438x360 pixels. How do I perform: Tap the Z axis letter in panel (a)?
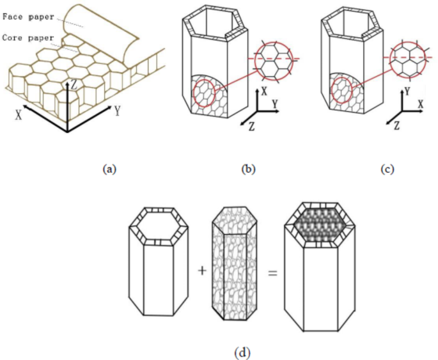click(76, 84)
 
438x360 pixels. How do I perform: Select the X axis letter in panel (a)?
click(20, 116)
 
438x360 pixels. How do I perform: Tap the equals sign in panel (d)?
click(272, 271)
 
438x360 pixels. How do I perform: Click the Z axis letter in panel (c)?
click(396, 125)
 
